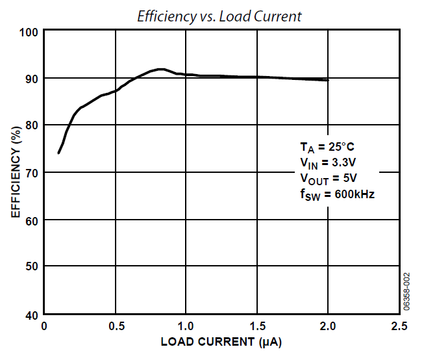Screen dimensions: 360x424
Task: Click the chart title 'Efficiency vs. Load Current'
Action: click(x=219, y=16)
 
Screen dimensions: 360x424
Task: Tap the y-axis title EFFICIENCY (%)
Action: click(x=15, y=172)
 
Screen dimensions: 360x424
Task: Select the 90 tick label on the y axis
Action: click(x=32, y=79)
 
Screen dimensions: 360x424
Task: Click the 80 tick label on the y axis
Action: click(x=32, y=125)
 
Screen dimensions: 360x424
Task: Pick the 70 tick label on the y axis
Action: click(x=32, y=173)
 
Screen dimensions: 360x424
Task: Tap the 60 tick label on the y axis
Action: click(x=32, y=220)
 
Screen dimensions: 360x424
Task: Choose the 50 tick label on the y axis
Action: click(x=32, y=267)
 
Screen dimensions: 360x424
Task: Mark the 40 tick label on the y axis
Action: click(x=32, y=315)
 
